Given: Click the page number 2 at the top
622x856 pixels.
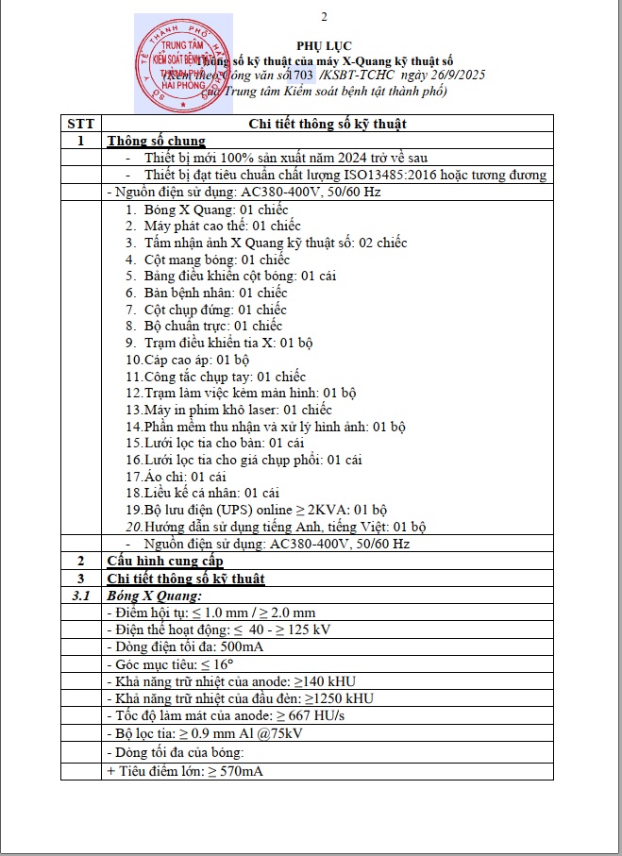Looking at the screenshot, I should click(x=325, y=17).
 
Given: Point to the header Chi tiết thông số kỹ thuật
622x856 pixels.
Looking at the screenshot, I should click(x=328, y=124).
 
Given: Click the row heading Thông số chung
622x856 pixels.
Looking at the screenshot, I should click(x=156, y=141).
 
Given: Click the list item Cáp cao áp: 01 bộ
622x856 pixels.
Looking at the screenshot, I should click(x=187, y=360).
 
